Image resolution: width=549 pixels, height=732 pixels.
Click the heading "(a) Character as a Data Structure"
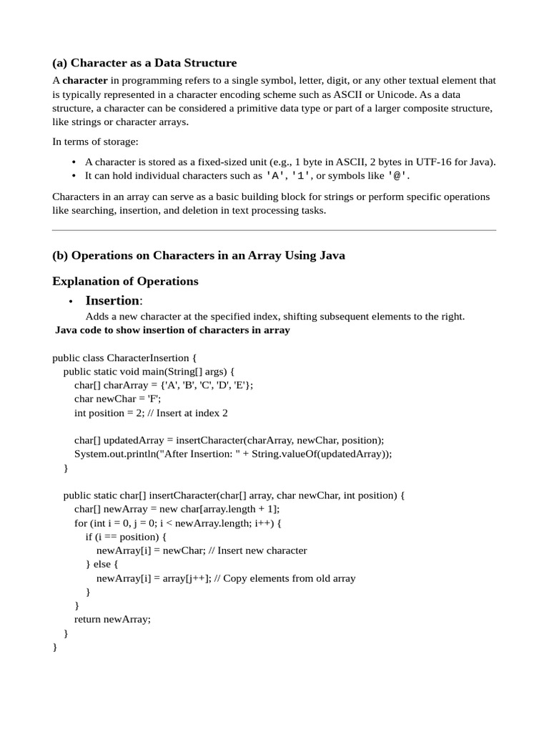pyautogui.click(x=144, y=63)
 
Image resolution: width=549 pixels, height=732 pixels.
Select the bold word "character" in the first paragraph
pyautogui.click(x=85, y=81)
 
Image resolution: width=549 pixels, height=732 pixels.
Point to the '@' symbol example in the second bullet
pyautogui.click(x=399, y=176)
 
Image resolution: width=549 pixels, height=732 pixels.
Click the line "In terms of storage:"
pyautogui.click(x=95, y=142)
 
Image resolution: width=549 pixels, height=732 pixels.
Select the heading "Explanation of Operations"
pyautogui.click(x=125, y=281)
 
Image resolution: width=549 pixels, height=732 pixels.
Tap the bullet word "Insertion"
pyautogui.click(x=112, y=300)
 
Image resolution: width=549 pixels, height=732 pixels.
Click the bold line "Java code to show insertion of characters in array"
pyautogui.click(x=172, y=330)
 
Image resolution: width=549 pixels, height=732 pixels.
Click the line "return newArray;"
pyautogui.click(x=112, y=620)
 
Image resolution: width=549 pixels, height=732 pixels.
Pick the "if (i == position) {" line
pyautogui.click(x=125, y=537)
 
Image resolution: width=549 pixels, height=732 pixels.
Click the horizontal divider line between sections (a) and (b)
pyautogui.click(x=274, y=230)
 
